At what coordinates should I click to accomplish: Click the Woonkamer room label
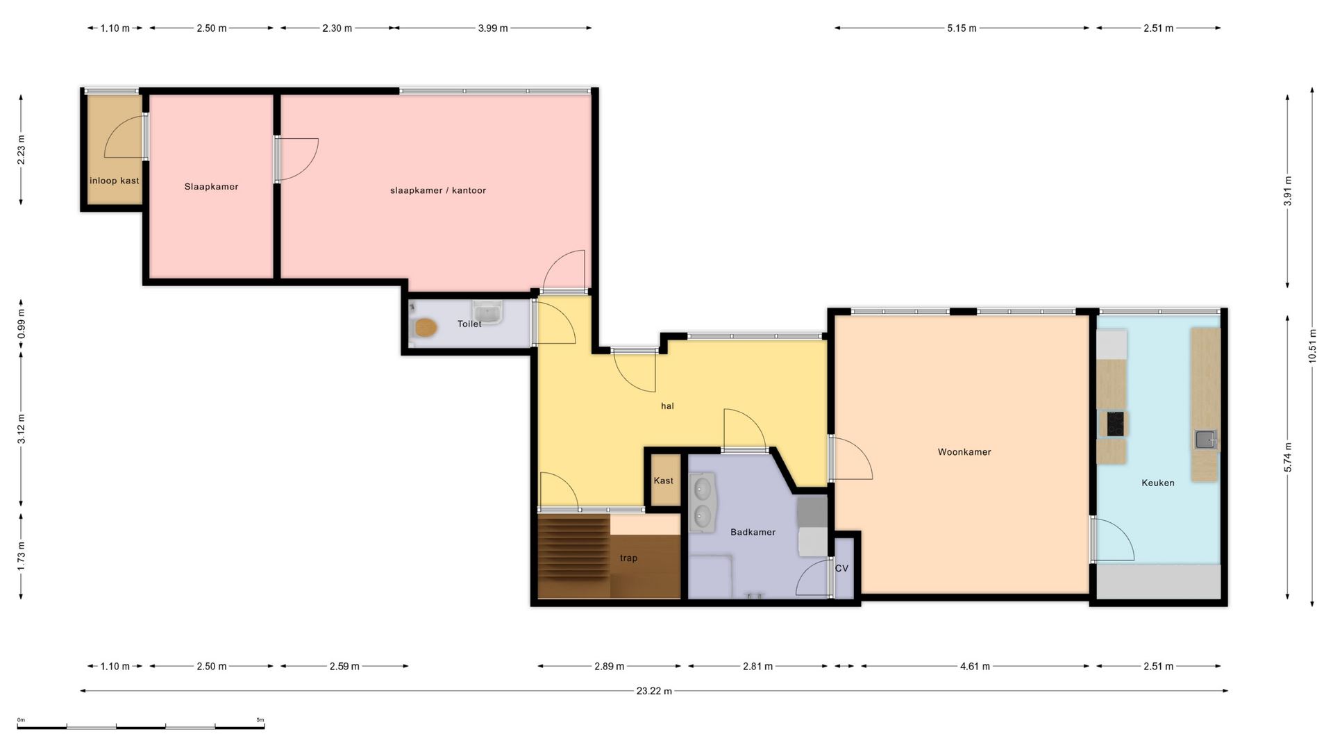pyautogui.click(x=964, y=452)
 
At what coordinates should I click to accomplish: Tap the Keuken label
pyautogui.click(x=1158, y=483)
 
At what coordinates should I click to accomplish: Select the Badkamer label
pyautogui.click(x=753, y=532)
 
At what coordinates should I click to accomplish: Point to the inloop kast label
pyautogui.click(x=115, y=181)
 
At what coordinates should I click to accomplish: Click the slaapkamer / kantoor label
pyautogui.click(x=438, y=190)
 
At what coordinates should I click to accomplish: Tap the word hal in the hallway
pyautogui.click(x=667, y=406)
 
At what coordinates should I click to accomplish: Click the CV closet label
pyautogui.click(x=842, y=568)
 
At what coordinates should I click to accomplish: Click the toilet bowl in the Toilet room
pyautogui.click(x=424, y=327)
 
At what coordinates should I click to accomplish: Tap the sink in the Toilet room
pyautogui.click(x=488, y=312)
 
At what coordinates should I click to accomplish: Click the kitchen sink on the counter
pyautogui.click(x=1206, y=440)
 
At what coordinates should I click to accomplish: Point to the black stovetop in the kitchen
pyautogui.click(x=1115, y=424)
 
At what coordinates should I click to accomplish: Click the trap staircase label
pyautogui.click(x=628, y=558)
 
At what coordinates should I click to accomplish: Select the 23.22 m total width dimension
pyautogui.click(x=654, y=691)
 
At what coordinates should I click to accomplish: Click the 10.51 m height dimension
pyautogui.click(x=1312, y=346)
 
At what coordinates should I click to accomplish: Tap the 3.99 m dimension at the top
pyautogui.click(x=493, y=28)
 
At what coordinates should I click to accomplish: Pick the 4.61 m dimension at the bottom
pyautogui.click(x=975, y=666)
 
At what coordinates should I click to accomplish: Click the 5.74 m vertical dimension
pyautogui.click(x=1288, y=457)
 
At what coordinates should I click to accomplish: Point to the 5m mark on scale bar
pyautogui.click(x=260, y=720)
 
